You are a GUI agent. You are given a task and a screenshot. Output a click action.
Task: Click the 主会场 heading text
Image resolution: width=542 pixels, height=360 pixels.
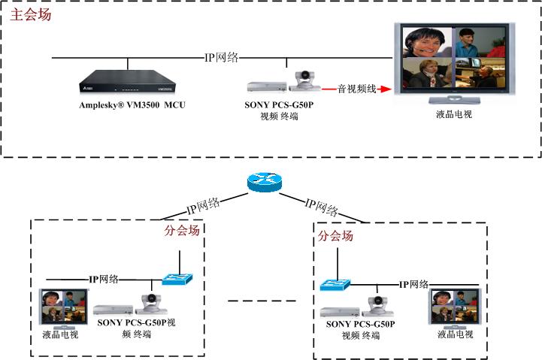pyautogui.click(x=30, y=15)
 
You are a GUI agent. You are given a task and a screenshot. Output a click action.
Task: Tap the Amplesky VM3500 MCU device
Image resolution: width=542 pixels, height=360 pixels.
pyautogui.click(x=128, y=81)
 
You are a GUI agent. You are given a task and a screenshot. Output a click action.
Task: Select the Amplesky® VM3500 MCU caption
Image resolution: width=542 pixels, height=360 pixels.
pyautogui.click(x=132, y=104)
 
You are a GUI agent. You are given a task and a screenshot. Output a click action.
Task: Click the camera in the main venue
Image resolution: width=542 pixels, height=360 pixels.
pyautogui.click(x=304, y=81)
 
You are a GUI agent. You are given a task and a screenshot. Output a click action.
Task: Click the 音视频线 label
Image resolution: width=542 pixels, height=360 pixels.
pyautogui.click(x=357, y=89)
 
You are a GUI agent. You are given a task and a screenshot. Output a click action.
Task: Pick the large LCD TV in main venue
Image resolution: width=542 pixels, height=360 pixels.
pyautogui.click(x=454, y=63)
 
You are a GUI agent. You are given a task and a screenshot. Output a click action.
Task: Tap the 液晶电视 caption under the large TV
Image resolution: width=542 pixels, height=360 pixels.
pyautogui.click(x=454, y=114)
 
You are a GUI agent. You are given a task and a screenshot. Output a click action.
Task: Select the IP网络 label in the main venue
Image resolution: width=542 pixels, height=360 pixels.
pyautogui.click(x=222, y=57)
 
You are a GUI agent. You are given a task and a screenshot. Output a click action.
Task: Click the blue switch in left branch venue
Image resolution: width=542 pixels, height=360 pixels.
pyautogui.click(x=177, y=279)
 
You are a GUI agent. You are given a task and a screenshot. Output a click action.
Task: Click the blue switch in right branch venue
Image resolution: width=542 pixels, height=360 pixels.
pyautogui.click(x=335, y=285)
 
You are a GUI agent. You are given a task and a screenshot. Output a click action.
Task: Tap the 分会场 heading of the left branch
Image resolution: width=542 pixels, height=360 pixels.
pyautogui.click(x=182, y=230)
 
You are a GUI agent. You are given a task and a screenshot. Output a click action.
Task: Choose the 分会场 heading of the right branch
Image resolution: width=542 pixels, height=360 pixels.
pyautogui.click(x=335, y=236)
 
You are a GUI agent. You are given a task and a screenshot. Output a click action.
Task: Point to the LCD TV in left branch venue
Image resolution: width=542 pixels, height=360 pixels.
pyautogui.click(x=64, y=309)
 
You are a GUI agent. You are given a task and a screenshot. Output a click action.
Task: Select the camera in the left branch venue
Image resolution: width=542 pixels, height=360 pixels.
pyautogui.click(x=151, y=304)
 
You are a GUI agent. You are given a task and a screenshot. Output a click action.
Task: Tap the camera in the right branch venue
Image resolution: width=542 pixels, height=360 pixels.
pyautogui.click(x=378, y=306)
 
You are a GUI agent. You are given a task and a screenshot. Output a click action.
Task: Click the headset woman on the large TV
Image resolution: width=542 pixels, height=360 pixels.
pyautogui.click(x=427, y=42)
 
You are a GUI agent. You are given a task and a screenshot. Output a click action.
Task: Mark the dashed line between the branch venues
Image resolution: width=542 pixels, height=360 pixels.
pyautogui.click(x=262, y=301)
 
